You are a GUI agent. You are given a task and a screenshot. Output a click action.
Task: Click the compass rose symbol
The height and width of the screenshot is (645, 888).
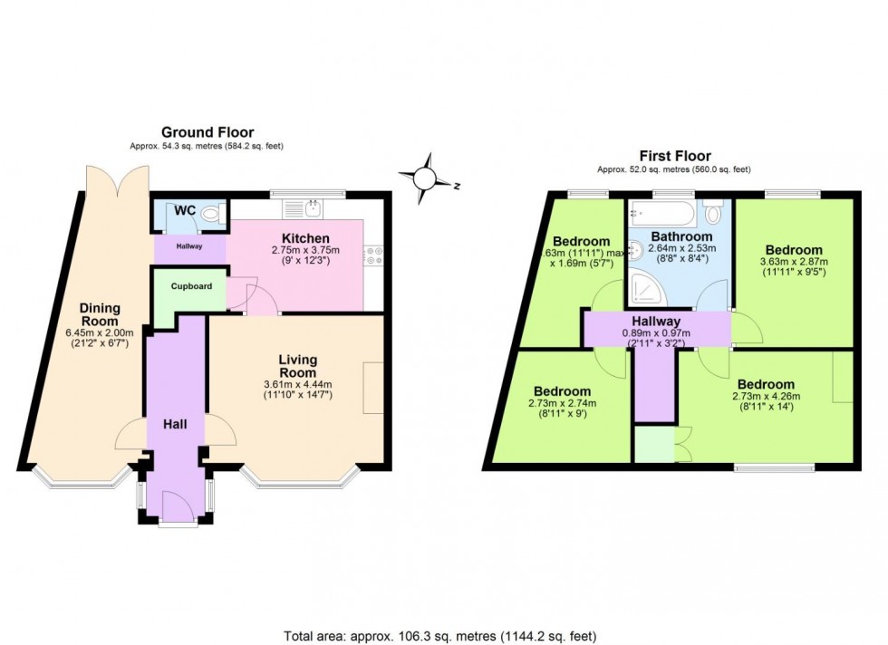coord(425,178)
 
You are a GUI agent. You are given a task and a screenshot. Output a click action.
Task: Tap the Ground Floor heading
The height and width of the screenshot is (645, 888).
coord(208,132)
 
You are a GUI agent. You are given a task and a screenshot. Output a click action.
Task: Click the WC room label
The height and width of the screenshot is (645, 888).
coord(185,210)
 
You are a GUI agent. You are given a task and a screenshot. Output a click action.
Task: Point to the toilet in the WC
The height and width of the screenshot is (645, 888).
coord(210,215)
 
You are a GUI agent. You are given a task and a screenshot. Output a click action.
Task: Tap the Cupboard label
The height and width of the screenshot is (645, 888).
coord(191,286)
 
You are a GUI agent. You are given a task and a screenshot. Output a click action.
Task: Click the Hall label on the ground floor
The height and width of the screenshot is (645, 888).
coord(175,424)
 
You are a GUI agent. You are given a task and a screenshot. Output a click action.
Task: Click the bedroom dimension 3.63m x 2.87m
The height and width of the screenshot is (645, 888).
coord(793,263)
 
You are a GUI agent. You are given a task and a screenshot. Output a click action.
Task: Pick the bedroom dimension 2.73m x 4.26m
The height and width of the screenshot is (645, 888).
coord(766,397)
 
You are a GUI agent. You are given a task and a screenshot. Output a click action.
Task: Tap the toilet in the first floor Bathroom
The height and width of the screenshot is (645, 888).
coord(714,213)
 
